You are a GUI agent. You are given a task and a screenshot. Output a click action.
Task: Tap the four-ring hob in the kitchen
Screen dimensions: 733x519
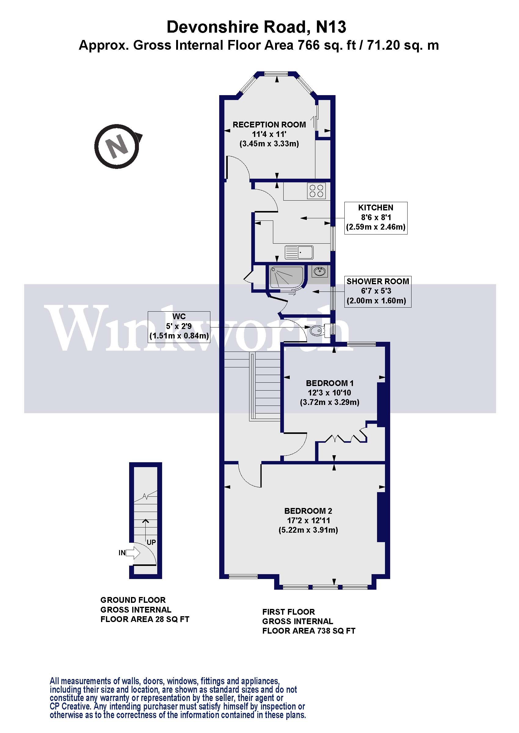[x=316, y=191]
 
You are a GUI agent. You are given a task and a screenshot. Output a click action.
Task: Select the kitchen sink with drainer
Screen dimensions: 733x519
[x=299, y=252]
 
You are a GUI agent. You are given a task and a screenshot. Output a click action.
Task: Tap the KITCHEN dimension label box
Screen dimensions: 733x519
[x=376, y=218]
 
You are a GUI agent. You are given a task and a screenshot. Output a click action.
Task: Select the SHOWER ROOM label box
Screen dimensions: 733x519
[x=377, y=291]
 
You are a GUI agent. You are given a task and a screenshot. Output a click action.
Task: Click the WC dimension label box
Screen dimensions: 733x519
[x=179, y=327]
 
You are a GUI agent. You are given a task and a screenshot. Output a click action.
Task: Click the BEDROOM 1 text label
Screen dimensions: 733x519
[x=329, y=383]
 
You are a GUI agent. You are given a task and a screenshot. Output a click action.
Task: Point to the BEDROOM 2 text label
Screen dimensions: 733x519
[x=308, y=511]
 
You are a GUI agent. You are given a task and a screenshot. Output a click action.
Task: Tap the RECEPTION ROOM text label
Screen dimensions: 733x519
[x=269, y=125]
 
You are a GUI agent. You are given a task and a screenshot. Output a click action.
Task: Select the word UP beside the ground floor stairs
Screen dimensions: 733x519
[x=151, y=542]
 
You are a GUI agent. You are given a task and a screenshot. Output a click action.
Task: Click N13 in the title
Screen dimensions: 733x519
[x=331, y=27]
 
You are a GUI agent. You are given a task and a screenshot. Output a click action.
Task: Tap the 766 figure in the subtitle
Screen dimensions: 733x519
[x=308, y=45]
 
